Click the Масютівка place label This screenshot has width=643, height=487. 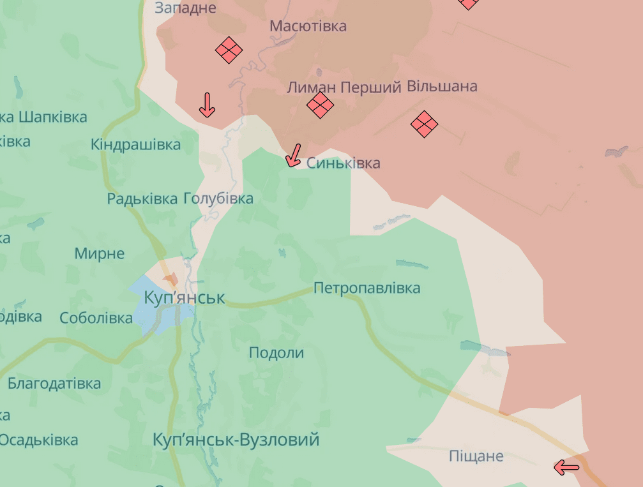coord(308,26)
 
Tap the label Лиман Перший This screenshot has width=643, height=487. coord(344,87)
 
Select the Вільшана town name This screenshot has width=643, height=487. coord(442,86)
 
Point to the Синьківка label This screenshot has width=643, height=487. coord(343,163)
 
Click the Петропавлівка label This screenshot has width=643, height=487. coord(367,288)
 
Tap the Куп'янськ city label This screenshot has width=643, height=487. coord(185,298)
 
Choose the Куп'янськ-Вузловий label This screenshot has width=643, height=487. coord(236,440)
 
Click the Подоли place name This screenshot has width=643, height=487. coord(276,353)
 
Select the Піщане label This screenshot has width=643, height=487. coord(476,456)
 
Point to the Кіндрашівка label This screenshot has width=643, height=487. coord(135,144)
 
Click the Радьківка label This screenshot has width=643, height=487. coord(142,199)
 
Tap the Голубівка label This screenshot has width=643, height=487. coord(218,199)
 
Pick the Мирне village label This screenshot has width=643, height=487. coord(99,253)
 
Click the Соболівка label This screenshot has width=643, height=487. coord(96,317)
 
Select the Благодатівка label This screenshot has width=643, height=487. coord(54,384)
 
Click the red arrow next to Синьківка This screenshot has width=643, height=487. coord(293,155)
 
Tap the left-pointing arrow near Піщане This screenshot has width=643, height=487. coord(566,468)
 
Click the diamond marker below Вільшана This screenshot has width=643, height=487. coord(424,124)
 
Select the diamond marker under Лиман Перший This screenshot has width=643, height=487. coord(320,105)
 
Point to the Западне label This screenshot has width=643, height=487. coord(185,8)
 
